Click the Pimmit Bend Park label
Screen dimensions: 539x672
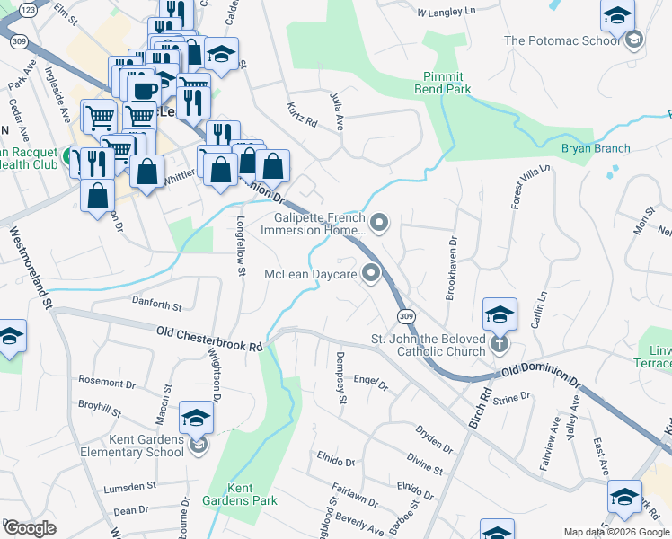[x=443, y=84]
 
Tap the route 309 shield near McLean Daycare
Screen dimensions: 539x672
[x=407, y=316]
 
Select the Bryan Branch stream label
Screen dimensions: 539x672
[x=596, y=148]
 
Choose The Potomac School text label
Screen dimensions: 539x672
[x=562, y=40]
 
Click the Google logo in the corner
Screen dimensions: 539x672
[x=30, y=528]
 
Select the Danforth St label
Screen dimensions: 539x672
[x=157, y=305]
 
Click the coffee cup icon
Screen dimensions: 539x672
[x=145, y=91]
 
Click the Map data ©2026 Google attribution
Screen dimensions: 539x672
[x=615, y=532]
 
